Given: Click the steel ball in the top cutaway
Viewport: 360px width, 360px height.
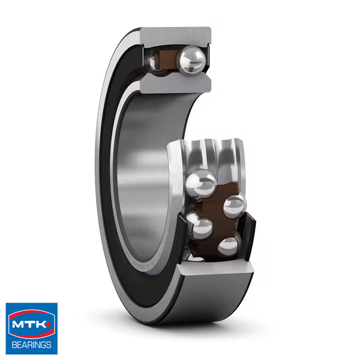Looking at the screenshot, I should [x=193, y=59].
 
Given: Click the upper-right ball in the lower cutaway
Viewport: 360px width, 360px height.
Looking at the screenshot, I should [x=235, y=206].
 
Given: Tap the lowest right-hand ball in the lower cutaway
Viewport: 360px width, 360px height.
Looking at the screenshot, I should [x=230, y=246].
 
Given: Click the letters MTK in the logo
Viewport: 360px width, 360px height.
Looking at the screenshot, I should [x=30, y=326].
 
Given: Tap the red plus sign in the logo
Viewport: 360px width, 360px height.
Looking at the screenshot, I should [x=51, y=323].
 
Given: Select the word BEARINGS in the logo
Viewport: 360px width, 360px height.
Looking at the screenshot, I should [x=31, y=345].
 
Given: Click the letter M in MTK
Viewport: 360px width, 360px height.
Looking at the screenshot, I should [x=20, y=326].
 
